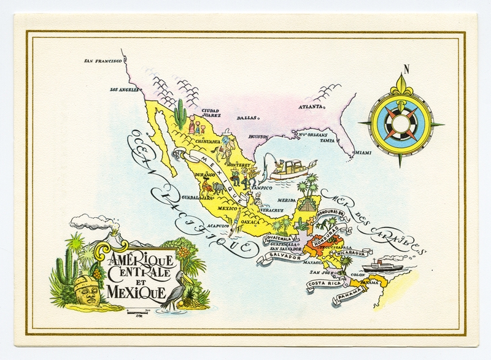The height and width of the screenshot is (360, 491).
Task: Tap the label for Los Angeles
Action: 125,90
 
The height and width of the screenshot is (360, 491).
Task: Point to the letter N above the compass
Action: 406,69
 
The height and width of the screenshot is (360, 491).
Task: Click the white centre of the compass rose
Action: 401,123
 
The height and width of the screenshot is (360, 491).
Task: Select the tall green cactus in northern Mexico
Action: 180,113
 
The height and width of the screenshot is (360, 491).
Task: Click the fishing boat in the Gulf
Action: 294,169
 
